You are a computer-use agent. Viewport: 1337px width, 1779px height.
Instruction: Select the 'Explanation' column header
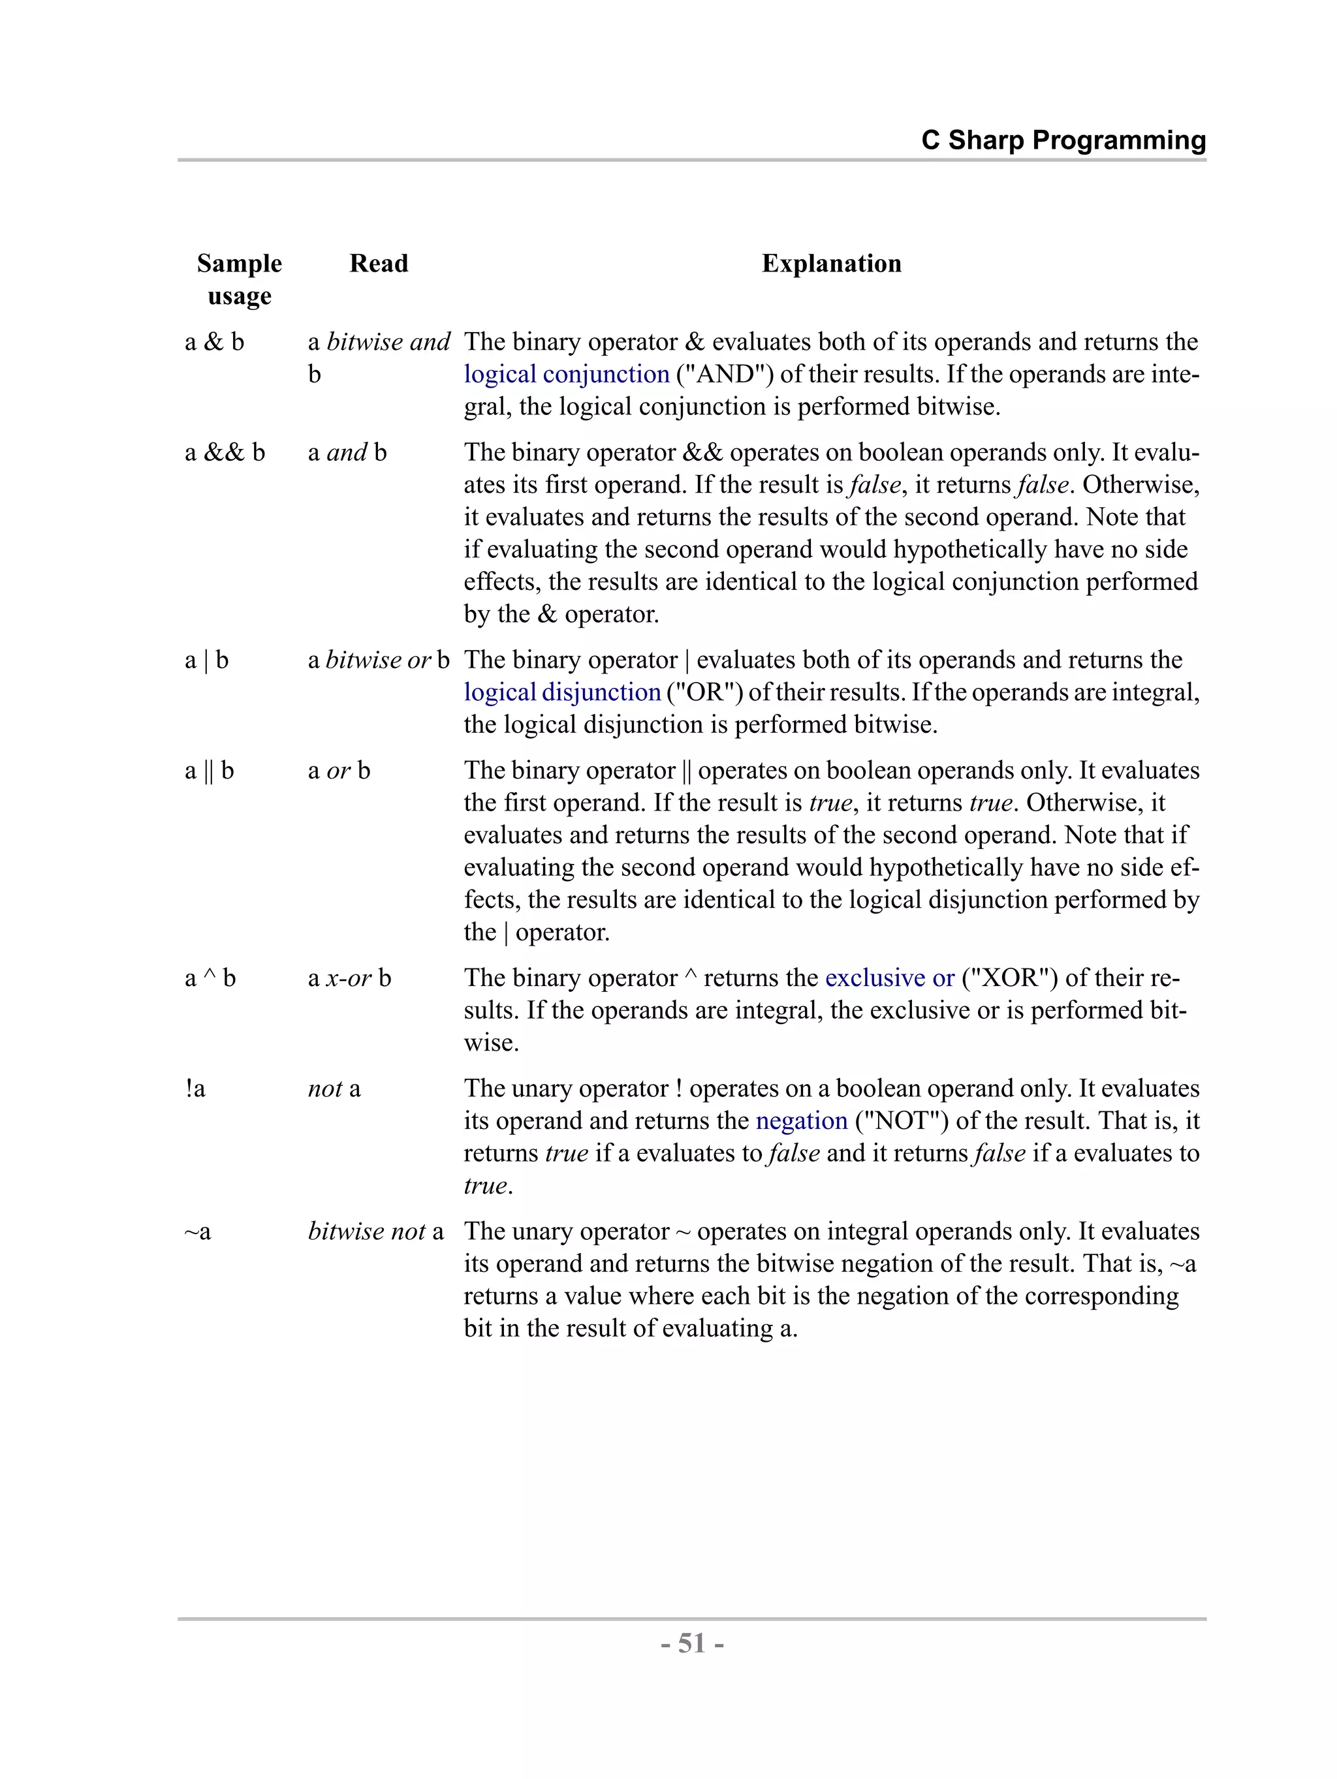point(831,263)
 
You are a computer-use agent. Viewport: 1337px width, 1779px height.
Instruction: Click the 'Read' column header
point(378,263)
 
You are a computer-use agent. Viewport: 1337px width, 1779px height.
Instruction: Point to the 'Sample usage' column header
point(239,279)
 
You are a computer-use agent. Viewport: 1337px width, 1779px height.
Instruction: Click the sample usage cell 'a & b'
point(214,342)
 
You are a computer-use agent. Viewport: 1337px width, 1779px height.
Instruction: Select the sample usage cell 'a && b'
point(225,452)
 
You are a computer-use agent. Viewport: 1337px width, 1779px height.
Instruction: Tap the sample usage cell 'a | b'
point(207,660)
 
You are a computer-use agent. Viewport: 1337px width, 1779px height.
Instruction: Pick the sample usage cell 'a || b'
point(209,771)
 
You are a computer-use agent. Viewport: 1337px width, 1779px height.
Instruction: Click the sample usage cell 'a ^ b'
point(210,978)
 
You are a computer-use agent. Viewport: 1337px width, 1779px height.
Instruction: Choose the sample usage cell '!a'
point(195,1089)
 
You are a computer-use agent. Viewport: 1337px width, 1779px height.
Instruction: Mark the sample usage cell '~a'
point(198,1231)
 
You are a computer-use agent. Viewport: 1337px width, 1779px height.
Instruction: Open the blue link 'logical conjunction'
point(567,374)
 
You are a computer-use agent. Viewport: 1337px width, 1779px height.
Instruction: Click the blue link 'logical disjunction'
point(561,692)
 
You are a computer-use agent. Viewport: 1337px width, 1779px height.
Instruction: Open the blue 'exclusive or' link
point(889,978)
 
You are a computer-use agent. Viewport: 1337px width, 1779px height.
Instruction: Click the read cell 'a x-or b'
point(349,978)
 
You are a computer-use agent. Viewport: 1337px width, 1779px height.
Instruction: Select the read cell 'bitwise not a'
point(375,1231)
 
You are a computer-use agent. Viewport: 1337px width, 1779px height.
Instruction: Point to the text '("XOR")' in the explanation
point(1009,978)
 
